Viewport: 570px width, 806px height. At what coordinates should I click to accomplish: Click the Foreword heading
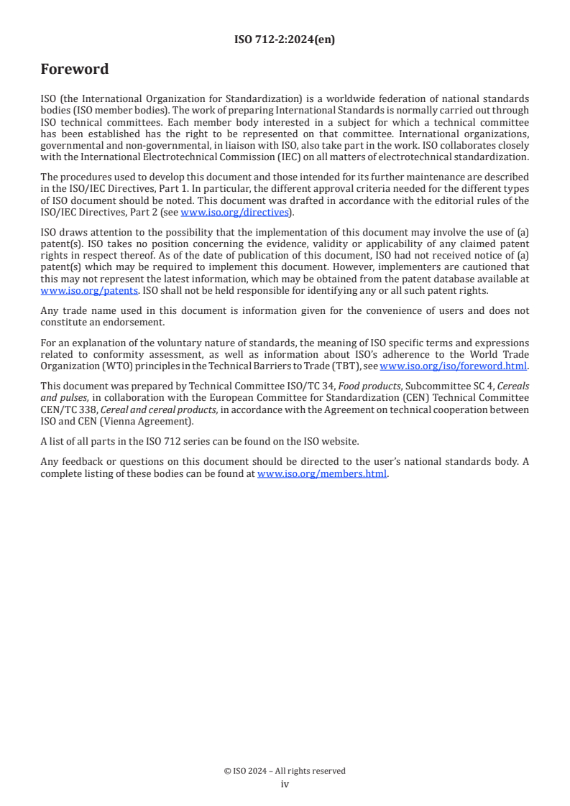pos(75,70)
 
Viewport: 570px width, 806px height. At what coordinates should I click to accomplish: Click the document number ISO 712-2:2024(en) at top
pos(285,40)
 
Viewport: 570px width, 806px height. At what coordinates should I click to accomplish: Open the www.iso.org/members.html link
pos(322,474)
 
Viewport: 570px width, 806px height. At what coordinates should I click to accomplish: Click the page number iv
pos(285,784)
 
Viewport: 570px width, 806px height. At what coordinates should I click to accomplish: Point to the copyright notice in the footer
pos(285,771)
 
